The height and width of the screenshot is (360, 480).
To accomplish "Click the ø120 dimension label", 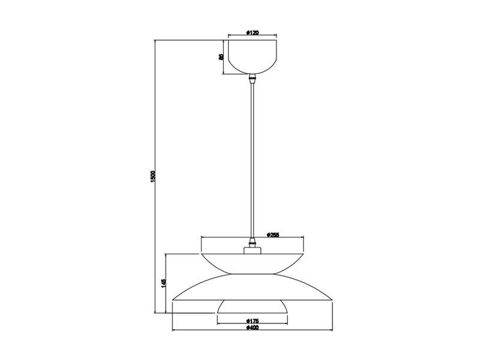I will (252, 33).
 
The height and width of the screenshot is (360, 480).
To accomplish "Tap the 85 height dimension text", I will (221, 57).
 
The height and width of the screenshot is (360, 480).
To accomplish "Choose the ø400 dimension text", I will (252, 328).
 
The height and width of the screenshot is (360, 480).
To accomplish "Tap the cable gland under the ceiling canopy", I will (252, 79).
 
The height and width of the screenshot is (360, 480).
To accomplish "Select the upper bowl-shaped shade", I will (252, 263).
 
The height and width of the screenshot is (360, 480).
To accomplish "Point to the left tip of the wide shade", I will (173, 300).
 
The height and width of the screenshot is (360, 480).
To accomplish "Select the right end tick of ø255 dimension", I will (303, 237).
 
